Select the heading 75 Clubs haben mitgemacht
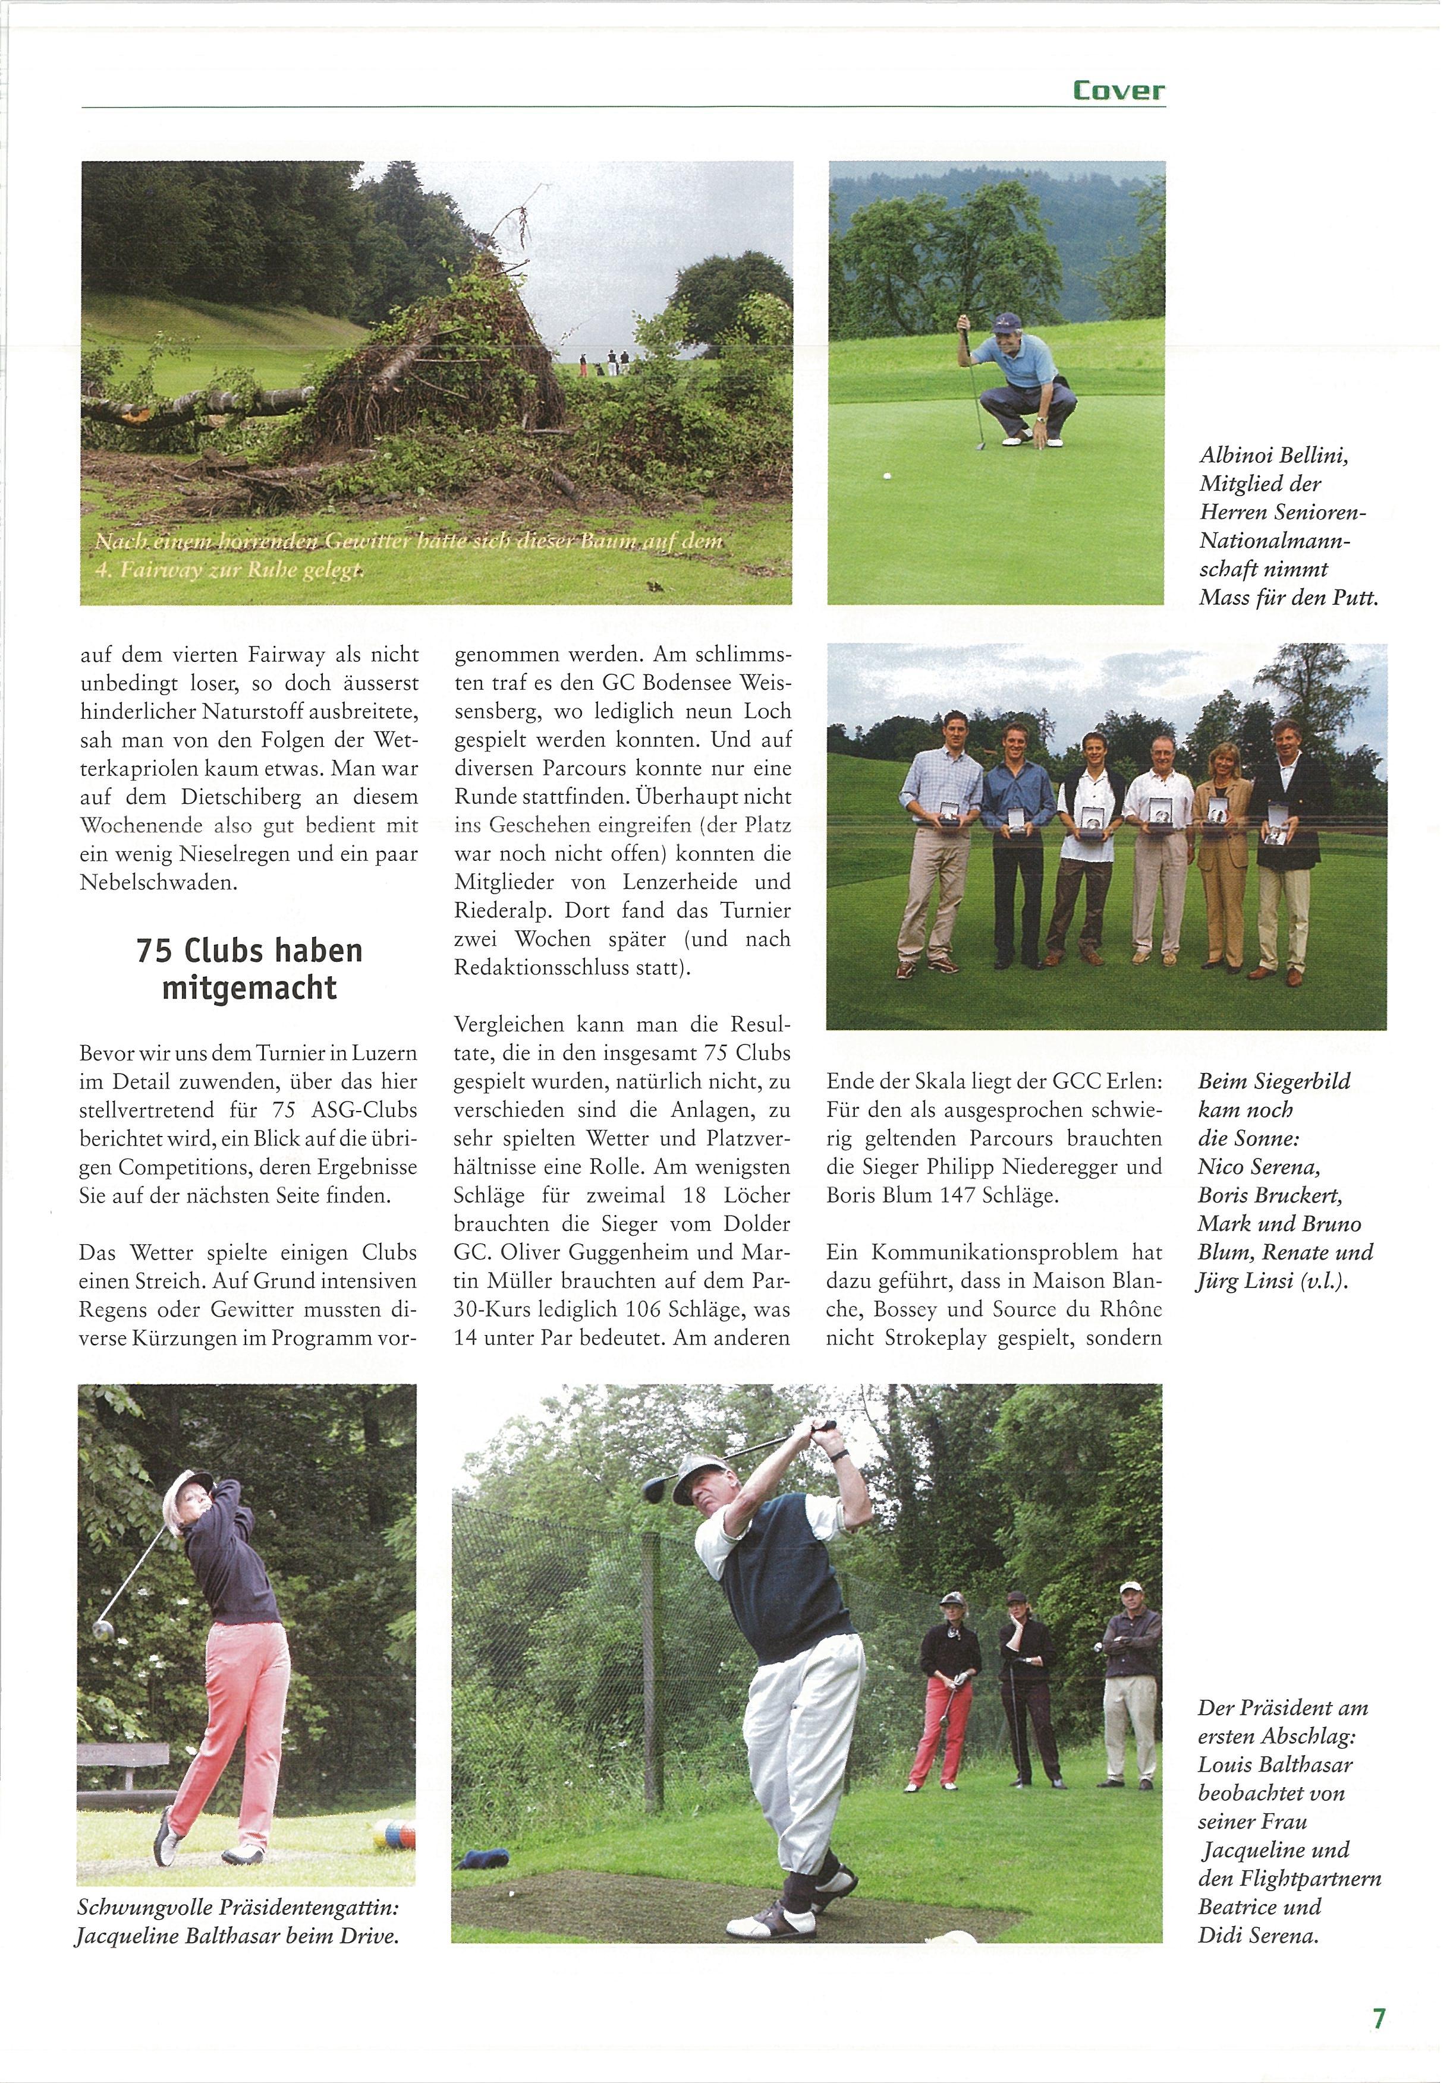point(250,968)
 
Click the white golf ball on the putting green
point(886,475)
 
